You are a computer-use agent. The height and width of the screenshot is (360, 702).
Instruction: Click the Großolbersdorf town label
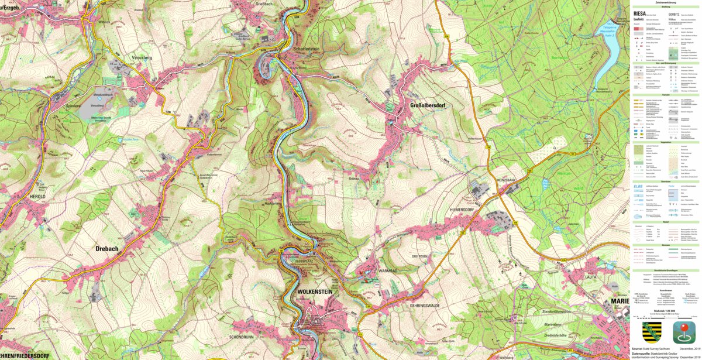(420, 106)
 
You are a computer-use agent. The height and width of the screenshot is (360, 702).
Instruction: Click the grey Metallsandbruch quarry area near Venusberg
(97, 107)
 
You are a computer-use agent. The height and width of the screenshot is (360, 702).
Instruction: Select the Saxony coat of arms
(652, 332)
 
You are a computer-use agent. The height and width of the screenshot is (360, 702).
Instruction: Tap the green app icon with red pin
(684, 332)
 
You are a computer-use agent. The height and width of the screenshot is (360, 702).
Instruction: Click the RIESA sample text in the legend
(639, 13)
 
